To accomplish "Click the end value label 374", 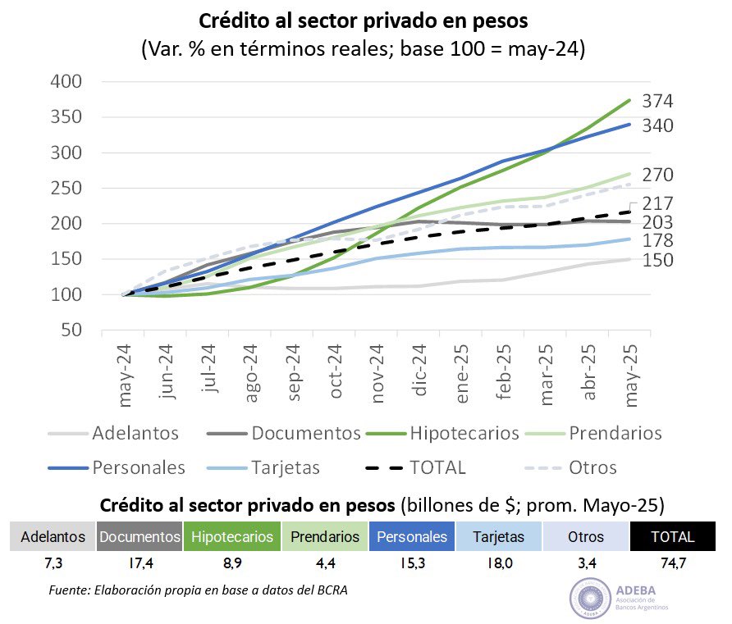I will pos(658,102).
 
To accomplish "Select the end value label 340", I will pos(658,126).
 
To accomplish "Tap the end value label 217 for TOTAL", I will pos(658,203).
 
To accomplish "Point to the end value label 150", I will pos(658,260).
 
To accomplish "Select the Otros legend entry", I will pos(592,468).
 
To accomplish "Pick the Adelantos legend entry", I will pos(135,433).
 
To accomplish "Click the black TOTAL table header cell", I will pos(672,537).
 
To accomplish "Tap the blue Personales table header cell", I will pos(412,537).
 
